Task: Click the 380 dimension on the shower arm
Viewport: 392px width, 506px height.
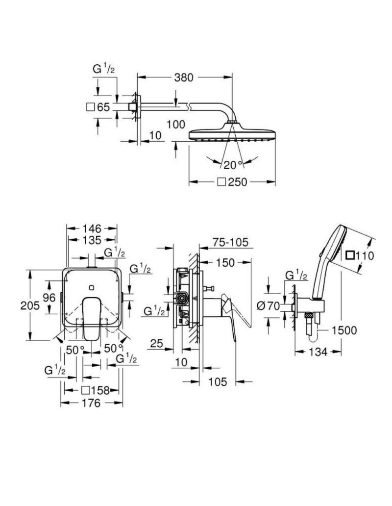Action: click(184, 77)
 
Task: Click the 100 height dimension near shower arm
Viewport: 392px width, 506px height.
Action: click(176, 125)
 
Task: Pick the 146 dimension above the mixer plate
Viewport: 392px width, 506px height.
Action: click(92, 228)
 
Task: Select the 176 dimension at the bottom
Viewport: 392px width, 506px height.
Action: click(91, 403)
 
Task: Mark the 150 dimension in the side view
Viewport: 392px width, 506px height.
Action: click(225, 262)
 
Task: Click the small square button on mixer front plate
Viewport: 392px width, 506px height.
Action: click(92, 286)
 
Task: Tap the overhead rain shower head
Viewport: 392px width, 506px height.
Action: click(232, 133)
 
